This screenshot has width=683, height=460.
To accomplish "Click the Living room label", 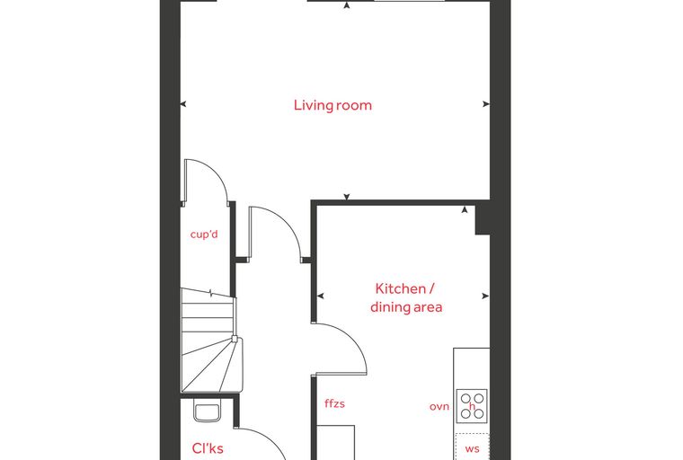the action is click(333, 105).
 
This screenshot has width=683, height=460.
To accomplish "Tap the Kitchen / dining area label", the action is click(406, 298).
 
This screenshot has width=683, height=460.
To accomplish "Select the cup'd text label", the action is click(204, 234).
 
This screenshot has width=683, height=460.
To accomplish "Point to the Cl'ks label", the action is click(208, 448).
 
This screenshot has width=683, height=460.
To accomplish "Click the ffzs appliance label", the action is click(334, 403).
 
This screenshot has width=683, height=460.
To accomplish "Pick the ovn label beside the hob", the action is click(439, 407).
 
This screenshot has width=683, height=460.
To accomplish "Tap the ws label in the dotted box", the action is click(472, 449).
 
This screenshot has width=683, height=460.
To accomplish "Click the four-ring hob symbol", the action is click(472, 405).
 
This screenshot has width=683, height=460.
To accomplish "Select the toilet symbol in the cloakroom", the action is click(207, 412).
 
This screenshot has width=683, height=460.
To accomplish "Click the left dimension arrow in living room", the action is click(183, 103).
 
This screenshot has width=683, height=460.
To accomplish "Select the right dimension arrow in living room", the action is click(485, 103).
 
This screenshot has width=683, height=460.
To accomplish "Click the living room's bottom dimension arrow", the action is click(347, 197).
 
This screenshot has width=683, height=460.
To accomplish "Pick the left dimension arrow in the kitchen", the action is click(321, 296).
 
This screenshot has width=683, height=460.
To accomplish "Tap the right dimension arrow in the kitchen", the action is click(485, 296).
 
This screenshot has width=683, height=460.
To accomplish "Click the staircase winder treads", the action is click(211, 366).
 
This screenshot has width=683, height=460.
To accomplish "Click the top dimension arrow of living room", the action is click(347, 5).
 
